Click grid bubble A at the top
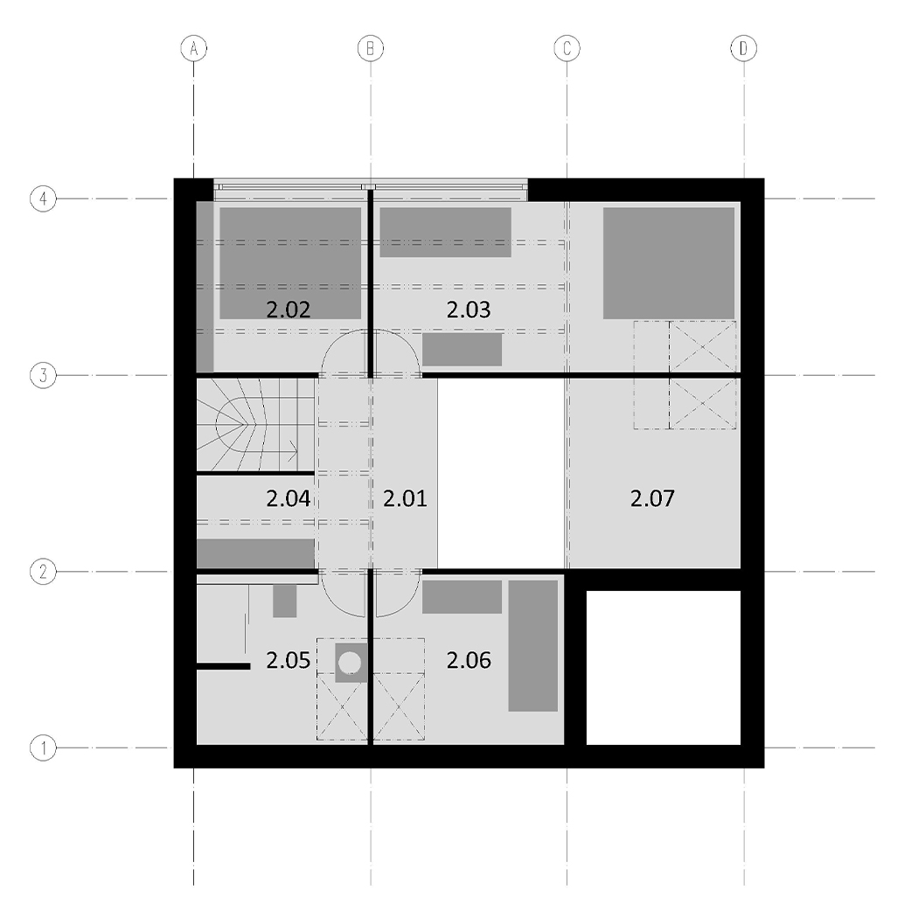[x=194, y=49]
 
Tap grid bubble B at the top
[x=371, y=49]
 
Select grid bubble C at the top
[x=567, y=49]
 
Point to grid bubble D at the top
[x=743, y=49]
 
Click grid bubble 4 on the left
[x=43, y=198]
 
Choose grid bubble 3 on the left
[x=43, y=375]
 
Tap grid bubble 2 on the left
[x=43, y=572]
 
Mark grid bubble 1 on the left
[x=43, y=748]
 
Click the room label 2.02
[x=288, y=309]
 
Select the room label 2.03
[x=469, y=309]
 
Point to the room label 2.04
[x=288, y=499]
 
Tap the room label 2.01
[x=405, y=499]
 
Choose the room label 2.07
[x=652, y=499]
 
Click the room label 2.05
[x=288, y=660]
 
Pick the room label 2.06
[x=469, y=660]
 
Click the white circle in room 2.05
[x=351, y=663]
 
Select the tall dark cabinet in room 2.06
[x=532, y=646]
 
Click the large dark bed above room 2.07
[x=669, y=263]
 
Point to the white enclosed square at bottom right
[x=664, y=668]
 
